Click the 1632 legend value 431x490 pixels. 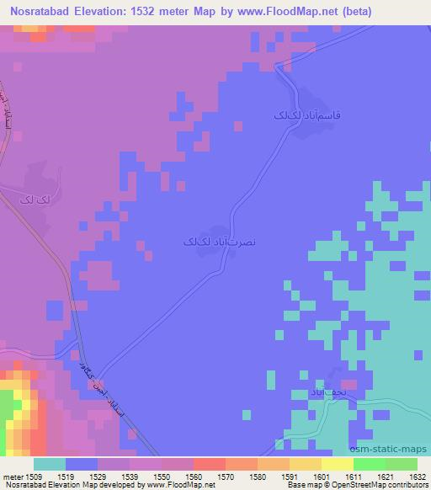(x=418, y=477)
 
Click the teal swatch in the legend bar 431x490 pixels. (x=50, y=464)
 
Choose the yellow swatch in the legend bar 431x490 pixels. (x=337, y=464)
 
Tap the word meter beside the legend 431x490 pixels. (x=13, y=477)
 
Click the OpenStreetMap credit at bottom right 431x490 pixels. (x=376, y=485)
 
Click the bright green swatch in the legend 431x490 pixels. (x=369, y=464)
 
